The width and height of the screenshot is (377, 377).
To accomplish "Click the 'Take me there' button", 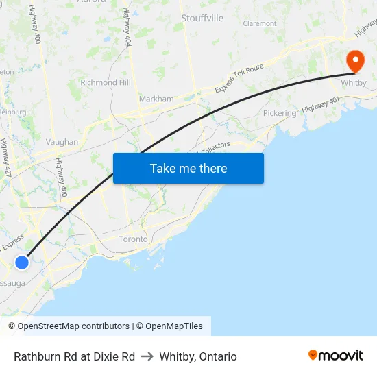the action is [188, 168].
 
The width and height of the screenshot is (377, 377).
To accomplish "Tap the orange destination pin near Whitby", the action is [355, 61].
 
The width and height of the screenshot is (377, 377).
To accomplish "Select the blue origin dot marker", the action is [22, 262].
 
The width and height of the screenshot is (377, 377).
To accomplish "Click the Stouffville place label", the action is [202, 18].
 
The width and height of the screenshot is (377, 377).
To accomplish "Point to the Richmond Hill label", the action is [106, 82].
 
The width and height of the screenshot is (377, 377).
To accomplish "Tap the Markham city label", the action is [156, 99].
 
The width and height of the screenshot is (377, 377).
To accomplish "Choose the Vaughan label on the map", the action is [62, 142].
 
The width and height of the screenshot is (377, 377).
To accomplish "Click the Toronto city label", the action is [133, 239].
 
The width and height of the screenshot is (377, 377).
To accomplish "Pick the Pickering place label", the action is [280, 113].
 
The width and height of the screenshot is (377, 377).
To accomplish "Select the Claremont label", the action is [260, 23].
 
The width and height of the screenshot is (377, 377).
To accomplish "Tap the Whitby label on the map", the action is [354, 83].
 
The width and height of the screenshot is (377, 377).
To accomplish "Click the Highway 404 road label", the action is [127, 27].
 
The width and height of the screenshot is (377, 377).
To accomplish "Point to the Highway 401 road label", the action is [320, 105].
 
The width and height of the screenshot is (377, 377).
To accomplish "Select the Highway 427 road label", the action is [6, 158].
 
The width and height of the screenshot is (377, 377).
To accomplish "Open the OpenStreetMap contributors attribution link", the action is [73, 326].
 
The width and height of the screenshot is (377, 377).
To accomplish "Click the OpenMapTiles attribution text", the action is [174, 326].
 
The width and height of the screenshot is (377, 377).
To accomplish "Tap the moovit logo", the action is [336, 355].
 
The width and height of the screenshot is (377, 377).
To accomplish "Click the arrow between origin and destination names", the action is [147, 356].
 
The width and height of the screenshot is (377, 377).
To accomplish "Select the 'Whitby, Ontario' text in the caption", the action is [198, 356].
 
